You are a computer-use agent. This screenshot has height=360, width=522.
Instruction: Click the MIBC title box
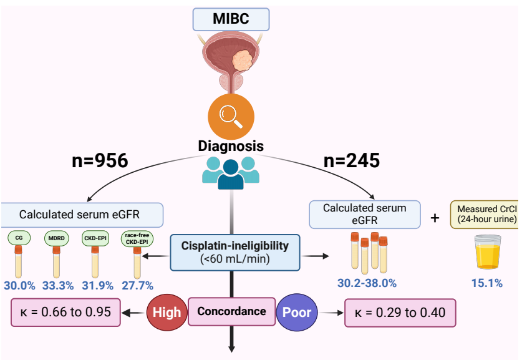231,19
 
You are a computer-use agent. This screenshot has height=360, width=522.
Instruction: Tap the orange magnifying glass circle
231,115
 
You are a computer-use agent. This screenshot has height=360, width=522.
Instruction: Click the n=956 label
99,161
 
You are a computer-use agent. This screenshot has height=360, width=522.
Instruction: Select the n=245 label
352,161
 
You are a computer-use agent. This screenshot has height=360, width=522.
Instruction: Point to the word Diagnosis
231,146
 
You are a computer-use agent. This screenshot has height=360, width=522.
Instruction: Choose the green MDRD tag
56,238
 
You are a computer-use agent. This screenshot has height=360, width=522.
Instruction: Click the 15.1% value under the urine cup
486,283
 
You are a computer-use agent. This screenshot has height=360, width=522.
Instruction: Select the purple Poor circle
298,312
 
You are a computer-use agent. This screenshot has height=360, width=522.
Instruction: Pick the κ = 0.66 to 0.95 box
65,311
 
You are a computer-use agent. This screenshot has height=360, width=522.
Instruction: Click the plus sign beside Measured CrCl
435,218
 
